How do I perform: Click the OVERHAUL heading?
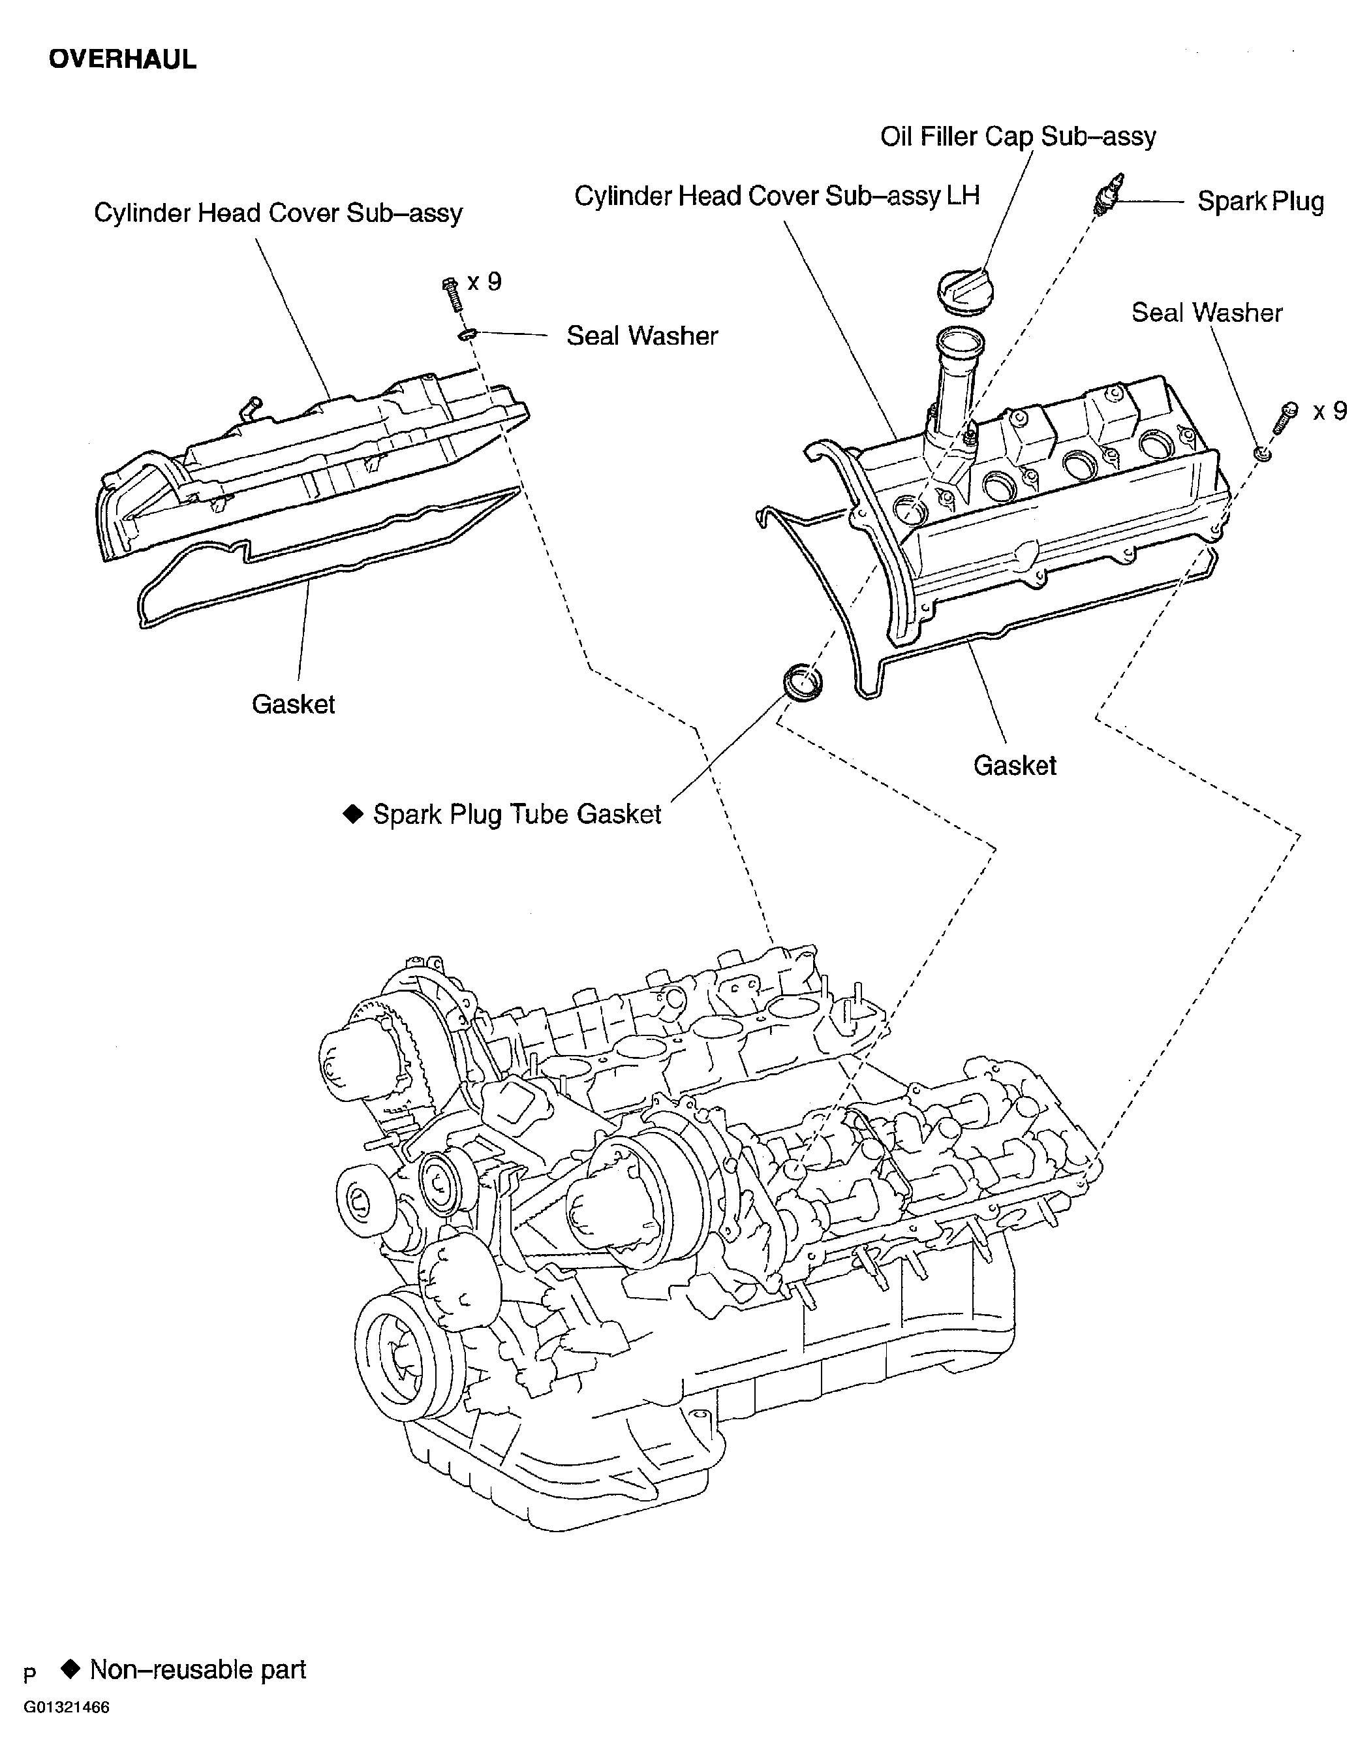122,59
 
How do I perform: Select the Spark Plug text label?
1259,201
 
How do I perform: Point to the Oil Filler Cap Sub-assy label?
1018,136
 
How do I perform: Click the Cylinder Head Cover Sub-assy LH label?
777,196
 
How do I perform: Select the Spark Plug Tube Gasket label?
516,815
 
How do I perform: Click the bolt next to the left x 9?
452,294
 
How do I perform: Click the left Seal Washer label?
642,336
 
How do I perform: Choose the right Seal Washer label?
1207,312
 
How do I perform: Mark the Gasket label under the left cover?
293,704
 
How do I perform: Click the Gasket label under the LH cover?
1015,766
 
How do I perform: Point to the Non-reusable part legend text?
198,1669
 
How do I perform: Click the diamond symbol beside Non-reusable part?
71,1669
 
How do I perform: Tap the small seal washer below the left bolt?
468,334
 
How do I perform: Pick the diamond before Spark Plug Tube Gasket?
353,814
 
